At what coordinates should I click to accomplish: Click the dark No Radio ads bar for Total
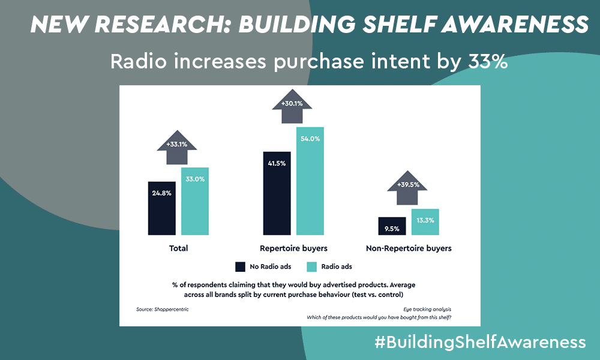point(162,208)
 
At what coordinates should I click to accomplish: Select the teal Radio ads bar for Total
point(195,201)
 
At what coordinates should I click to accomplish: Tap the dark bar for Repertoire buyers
point(277,193)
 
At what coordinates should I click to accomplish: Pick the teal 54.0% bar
point(310,181)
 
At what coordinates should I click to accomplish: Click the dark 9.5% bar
point(392,226)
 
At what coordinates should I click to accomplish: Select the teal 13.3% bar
point(425,222)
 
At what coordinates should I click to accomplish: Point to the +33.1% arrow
point(177,147)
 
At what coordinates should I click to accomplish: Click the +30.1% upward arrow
point(292,106)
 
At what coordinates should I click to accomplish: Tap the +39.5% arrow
point(407,188)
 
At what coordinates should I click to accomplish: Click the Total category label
point(178,248)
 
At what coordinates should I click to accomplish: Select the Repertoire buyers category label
point(293,248)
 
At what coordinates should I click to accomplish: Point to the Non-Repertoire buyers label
point(409,248)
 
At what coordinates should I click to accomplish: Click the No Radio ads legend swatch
point(241,266)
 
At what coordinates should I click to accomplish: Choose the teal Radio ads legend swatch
point(312,266)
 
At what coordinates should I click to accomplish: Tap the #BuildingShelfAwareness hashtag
point(480,341)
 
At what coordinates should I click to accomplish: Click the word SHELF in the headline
point(398,24)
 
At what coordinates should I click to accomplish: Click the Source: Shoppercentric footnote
point(162,309)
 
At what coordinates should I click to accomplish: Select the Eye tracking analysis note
point(427,309)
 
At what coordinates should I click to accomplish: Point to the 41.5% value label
point(277,163)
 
